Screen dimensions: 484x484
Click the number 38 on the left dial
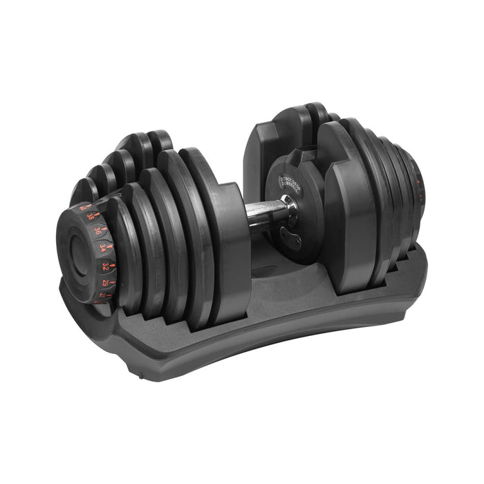(90, 216)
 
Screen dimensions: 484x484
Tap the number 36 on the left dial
(97, 231)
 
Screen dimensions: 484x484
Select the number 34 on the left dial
(102, 247)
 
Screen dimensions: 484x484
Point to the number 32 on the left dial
(104, 266)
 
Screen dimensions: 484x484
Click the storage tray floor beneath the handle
(277, 277)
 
